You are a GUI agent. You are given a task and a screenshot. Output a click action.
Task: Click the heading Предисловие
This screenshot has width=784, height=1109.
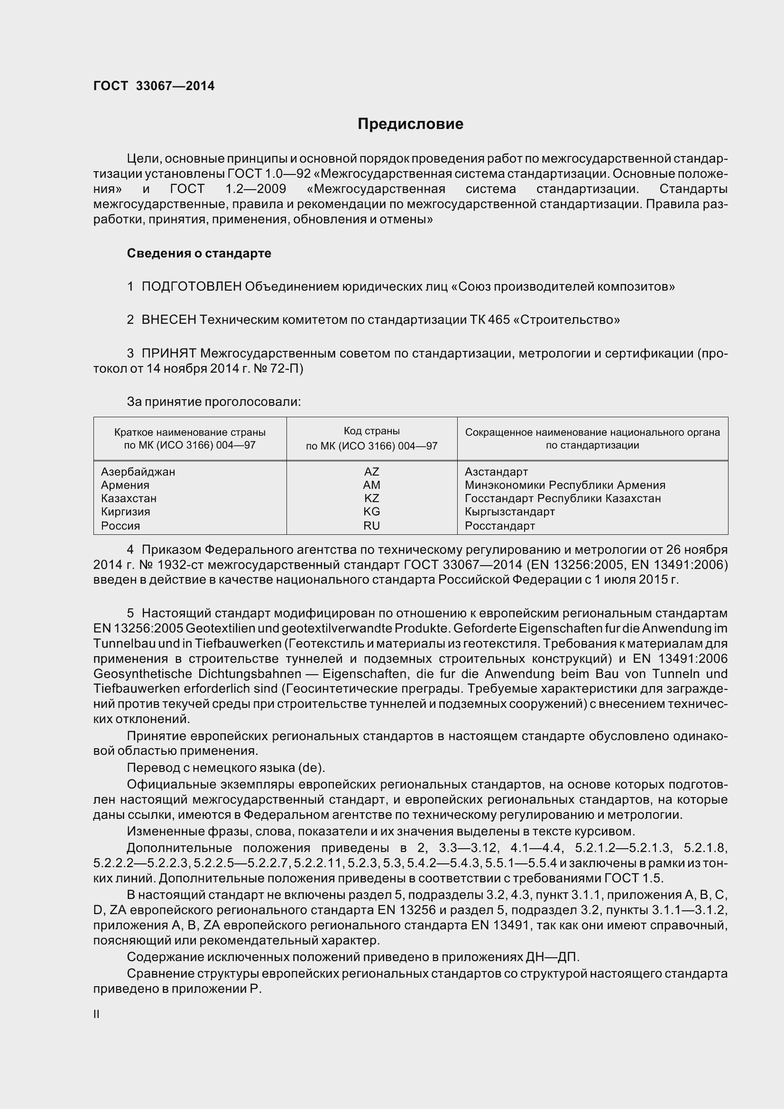tap(410, 124)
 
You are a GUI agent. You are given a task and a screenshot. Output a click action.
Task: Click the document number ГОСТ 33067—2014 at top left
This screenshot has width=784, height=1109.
tap(154, 86)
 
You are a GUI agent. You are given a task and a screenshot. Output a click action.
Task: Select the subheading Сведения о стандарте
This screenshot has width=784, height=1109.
tap(199, 253)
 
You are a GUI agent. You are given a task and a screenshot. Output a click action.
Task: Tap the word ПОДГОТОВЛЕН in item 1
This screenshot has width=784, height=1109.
tap(191, 286)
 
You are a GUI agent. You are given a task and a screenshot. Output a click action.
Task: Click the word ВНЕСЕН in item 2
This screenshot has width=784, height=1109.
tap(168, 320)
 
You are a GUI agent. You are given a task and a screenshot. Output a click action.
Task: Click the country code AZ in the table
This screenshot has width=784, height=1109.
tap(371, 471)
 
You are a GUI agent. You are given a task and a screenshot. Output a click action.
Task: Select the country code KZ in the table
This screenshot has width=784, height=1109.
tap(371, 498)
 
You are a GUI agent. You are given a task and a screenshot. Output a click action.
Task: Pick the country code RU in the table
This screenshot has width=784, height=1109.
tap(371, 525)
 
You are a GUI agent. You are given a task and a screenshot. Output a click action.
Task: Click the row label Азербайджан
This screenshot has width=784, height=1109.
tap(138, 471)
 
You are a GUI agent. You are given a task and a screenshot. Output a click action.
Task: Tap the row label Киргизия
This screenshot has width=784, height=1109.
tap(125, 512)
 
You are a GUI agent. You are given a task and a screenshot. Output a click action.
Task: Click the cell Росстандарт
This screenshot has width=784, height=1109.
tap(499, 525)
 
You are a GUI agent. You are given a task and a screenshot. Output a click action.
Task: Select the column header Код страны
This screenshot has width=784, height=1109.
tap(371, 431)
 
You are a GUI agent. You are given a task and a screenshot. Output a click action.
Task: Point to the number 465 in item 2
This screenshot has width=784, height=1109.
tap(499, 320)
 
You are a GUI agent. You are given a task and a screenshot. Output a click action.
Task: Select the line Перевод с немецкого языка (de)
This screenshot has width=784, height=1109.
tap(226, 768)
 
